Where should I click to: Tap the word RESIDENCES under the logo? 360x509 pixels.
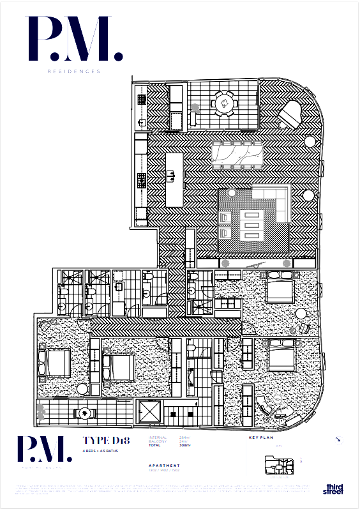point(73,72)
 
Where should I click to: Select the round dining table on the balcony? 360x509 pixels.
point(223,102)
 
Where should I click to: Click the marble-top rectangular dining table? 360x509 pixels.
point(237,154)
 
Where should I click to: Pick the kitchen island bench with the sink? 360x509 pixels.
point(174,179)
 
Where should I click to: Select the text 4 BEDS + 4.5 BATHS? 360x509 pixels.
point(100,451)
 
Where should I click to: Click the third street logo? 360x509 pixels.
point(333,489)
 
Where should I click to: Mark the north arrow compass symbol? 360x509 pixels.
point(338,440)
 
